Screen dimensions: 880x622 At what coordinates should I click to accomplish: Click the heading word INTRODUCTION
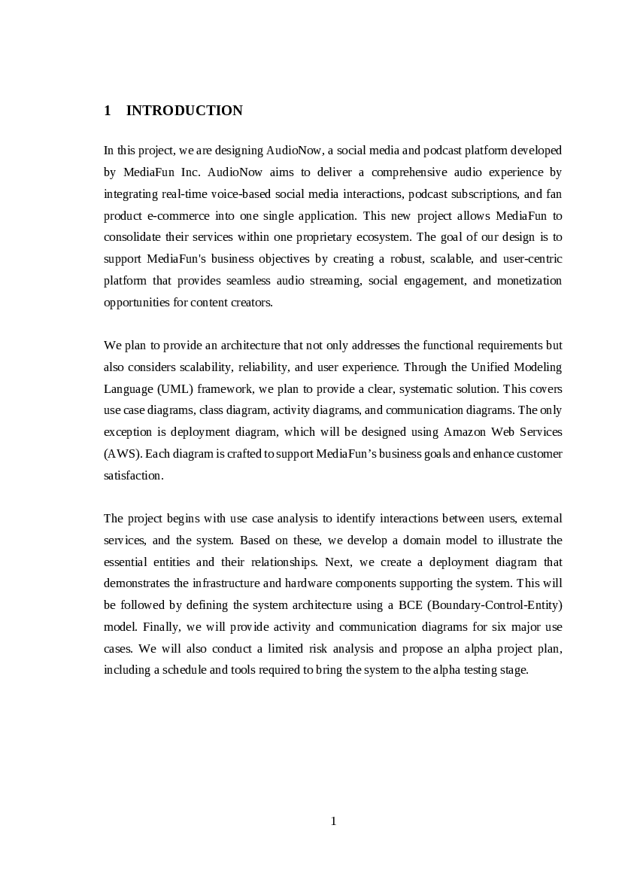point(184,111)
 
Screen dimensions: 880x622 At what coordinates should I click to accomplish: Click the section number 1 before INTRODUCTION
point(108,111)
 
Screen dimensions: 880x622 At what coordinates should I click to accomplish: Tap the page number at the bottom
point(333,821)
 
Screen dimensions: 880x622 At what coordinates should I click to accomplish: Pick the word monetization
point(530,281)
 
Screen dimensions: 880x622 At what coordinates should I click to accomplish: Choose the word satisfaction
point(132,476)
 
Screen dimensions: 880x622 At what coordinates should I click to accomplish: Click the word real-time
point(180,194)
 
